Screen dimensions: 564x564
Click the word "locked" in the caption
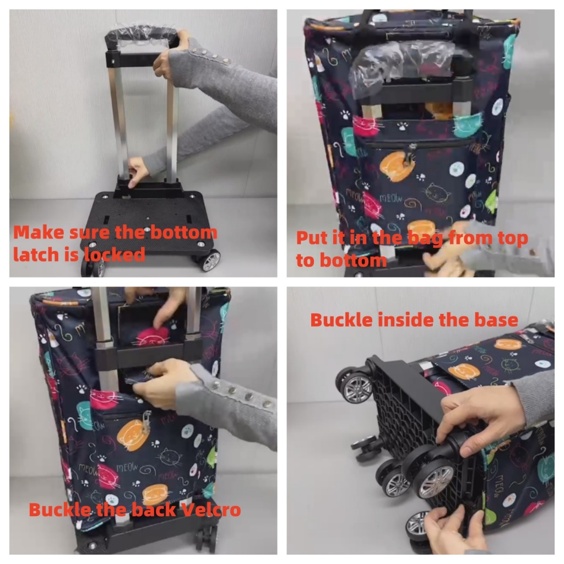pos(115,254)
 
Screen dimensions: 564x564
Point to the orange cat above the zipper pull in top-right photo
pos(397,166)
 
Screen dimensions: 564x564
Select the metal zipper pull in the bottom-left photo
pos(147,421)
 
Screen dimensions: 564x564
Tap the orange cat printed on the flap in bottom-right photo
pos(464,372)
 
